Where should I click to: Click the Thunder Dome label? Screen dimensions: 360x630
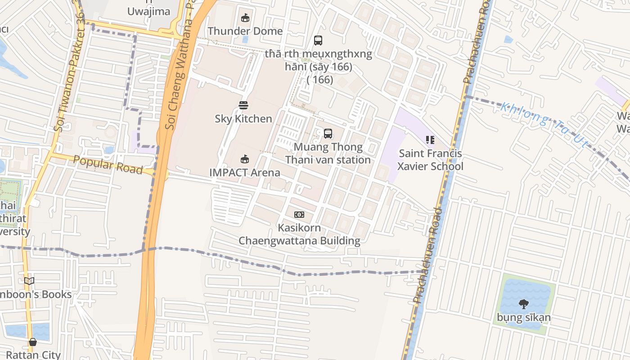pyautogui.click(x=245, y=31)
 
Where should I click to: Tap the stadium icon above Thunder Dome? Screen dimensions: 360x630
pyautogui.click(x=245, y=18)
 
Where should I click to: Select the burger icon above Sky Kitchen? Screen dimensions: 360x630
pyautogui.click(x=243, y=105)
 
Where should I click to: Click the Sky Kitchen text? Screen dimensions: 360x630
pyautogui.click(x=243, y=119)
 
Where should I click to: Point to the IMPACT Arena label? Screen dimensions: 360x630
pyautogui.click(x=245, y=172)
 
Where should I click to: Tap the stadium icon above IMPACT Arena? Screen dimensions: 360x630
pyautogui.click(x=245, y=159)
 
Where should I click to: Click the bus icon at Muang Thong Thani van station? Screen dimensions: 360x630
pyautogui.click(x=328, y=134)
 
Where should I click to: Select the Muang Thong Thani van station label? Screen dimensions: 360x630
pyautogui.click(x=328, y=153)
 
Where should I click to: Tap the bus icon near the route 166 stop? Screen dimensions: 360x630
pyautogui.click(x=318, y=40)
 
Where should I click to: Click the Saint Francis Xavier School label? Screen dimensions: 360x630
pyautogui.click(x=431, y=160)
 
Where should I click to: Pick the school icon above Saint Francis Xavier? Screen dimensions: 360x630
pyautogui.click(x=430, y=140)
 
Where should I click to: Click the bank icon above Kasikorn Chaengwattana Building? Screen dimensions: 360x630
pyautogui.click(x=299, y=215)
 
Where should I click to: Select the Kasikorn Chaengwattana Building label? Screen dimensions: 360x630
pyautogui.click(x=299, y=234)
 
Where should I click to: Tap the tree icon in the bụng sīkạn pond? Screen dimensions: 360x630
pyautogui.click(x=523, y=305)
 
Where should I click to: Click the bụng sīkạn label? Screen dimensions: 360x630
pyautogui.click(x=524, y=318)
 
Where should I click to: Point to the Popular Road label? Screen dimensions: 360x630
pyautogui.click(x=108, y=165)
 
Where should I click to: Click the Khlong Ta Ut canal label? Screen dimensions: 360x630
pyautogui.click(x=544, y=124)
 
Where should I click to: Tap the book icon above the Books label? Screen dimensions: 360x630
pyautogui.click(x=29, y=281)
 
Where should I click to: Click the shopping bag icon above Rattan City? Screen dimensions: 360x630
pyautogui.click(x=33, y=342)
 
